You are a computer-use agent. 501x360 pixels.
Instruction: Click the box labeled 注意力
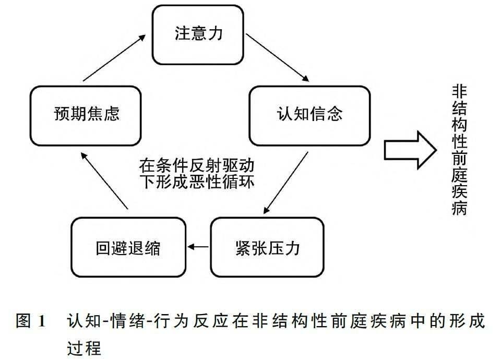pyautogui.click(x=198, y=34)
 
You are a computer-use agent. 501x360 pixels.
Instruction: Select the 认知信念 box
pyautogui.click(x=309, y=115)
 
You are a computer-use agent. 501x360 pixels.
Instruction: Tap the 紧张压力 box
pyautogui.click(x=267, y=247)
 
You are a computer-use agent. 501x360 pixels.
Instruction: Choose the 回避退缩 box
pyautogui.click(x=128, y=247)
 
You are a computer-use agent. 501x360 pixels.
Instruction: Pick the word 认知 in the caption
pyautogui.click(x=84, y=321)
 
